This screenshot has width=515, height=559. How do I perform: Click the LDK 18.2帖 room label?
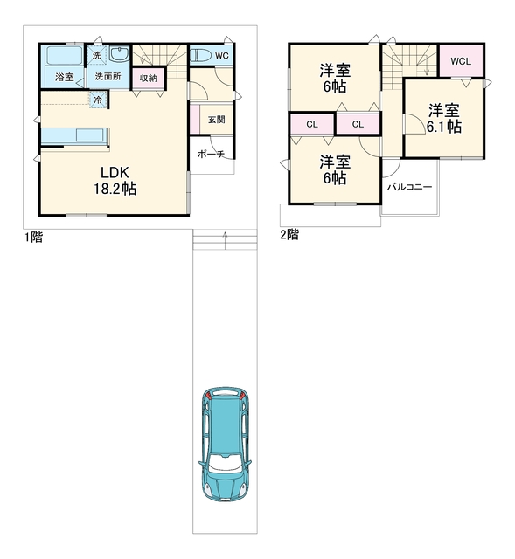115,181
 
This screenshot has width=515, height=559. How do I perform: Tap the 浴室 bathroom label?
64,77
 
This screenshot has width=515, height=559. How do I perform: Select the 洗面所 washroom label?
108,76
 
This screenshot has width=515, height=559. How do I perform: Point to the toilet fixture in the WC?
201,56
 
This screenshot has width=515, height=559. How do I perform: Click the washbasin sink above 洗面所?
119,55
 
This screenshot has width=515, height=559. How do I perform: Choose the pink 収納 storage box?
149,78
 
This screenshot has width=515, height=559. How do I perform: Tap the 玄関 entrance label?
216,120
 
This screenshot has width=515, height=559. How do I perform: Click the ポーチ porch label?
211,154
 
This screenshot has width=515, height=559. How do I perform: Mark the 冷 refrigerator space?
98,100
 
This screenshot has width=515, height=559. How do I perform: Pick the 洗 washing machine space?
97,56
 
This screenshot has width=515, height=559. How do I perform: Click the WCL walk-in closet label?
461,61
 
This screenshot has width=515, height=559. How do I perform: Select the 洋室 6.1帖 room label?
443,119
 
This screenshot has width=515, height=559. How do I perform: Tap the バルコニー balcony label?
410,187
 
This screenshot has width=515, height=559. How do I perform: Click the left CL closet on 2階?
312,124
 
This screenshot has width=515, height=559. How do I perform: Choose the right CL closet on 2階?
358,124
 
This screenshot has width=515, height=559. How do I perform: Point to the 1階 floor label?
33,237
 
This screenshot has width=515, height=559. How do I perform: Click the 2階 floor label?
289,235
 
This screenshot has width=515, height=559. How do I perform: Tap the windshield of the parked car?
225,463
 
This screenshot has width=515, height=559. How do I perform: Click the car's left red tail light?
209,395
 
